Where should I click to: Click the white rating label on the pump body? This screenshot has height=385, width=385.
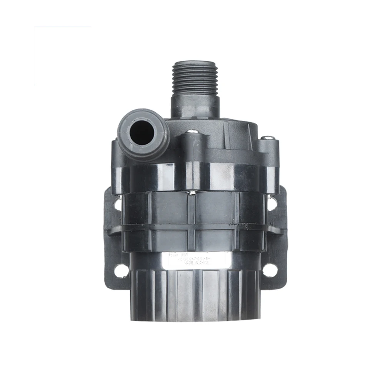196,260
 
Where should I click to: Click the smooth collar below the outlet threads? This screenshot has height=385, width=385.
195,106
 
